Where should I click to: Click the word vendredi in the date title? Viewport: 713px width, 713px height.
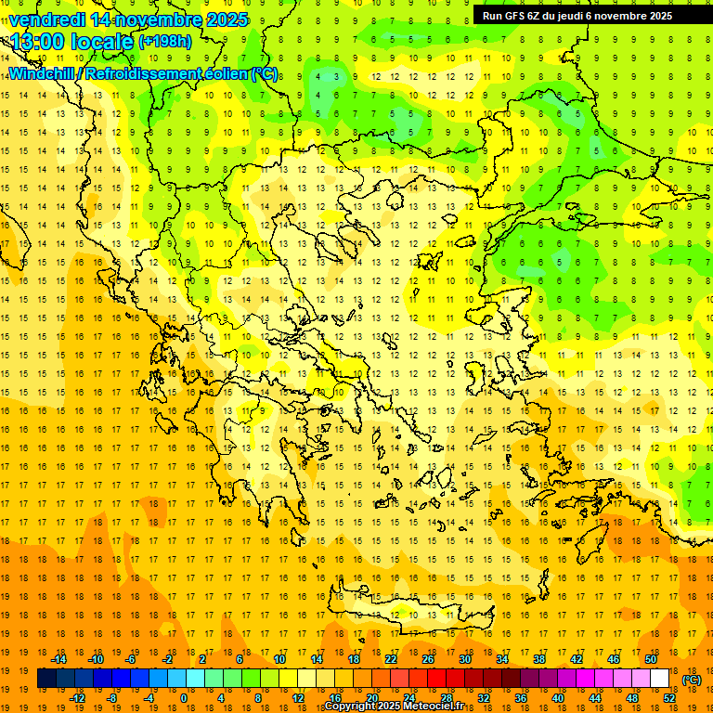tap(47, 19)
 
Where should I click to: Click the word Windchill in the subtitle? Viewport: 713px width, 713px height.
tap(40, 73)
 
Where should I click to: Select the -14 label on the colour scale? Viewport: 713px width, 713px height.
tap(59, 659)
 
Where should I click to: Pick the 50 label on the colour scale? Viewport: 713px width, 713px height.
tap(651, 659)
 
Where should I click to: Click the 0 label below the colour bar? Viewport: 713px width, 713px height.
tap(184, 698)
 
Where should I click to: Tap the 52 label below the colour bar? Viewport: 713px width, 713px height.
tap(669, 698)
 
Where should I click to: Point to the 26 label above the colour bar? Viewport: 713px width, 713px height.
tap(428, 659)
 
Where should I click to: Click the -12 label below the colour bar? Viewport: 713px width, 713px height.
tap(77, 698)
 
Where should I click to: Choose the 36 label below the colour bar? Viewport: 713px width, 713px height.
tap(520, 698)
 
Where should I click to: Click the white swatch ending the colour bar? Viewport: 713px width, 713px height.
tap(659, 679)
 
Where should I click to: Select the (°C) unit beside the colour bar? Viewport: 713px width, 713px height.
tap(692, 680)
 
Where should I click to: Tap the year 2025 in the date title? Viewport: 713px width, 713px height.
tap(227, 19)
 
